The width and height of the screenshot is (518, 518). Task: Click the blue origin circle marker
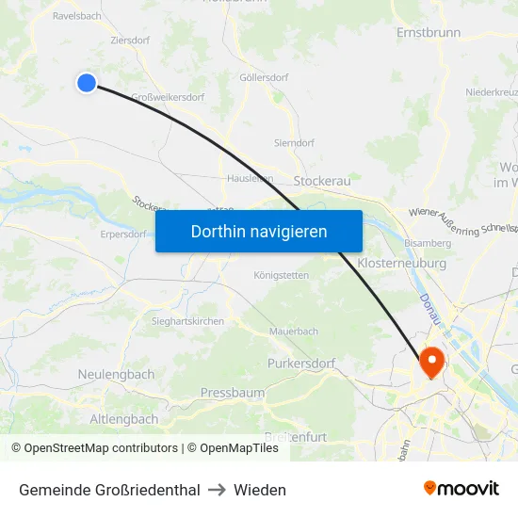[87, 83]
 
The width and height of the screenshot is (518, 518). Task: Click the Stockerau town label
[322, 179]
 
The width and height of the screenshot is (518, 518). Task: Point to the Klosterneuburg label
[402, 264]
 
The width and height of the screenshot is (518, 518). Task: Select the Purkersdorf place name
[301, 363]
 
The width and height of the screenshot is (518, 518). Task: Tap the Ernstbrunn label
[429, 32]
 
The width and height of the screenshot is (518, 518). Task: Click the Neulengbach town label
[116, 374]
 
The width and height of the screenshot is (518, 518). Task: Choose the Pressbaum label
[233, 392]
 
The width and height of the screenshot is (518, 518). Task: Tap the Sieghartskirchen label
[188, 321]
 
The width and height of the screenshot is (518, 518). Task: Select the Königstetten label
[281, 275]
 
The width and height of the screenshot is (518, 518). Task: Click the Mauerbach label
[294, 332]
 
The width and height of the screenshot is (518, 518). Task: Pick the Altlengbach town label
[124, 418]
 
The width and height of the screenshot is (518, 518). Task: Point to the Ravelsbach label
[77, 16]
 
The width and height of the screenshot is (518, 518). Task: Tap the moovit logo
[461, 488]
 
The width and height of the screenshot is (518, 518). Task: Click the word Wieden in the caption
[260, 490]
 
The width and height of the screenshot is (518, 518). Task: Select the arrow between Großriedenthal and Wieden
[218, 490]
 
